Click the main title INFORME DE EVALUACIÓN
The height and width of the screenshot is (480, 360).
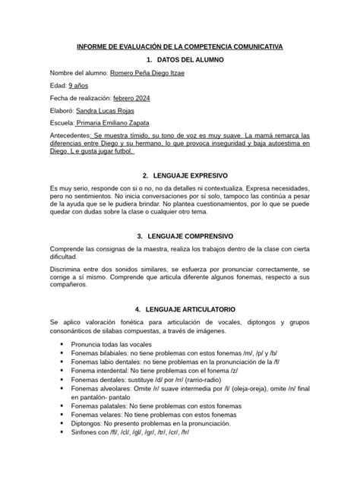click(180, 47)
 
